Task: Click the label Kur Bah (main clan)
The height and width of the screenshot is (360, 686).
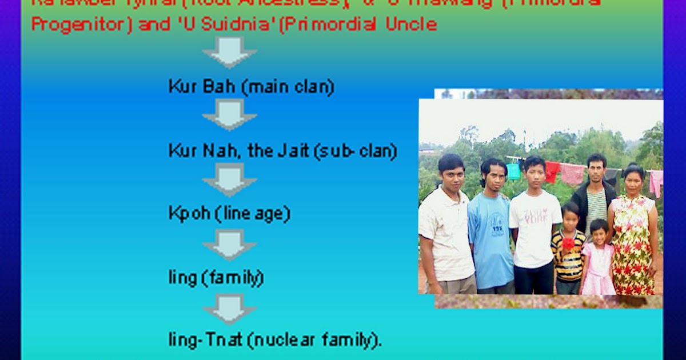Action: click(251, 87)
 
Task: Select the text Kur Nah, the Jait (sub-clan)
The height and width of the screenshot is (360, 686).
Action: click(282, 151)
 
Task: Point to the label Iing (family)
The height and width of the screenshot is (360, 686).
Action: click(216, 278)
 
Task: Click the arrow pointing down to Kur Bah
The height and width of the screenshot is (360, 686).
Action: click(229, 53)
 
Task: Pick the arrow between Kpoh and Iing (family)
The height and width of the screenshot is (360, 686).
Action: click(229, 245)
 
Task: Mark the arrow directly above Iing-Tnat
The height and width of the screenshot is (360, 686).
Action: click(229, 309)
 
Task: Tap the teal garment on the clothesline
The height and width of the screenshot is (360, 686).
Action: click(513, 171)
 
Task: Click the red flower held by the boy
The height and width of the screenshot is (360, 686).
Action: click(568, 244)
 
